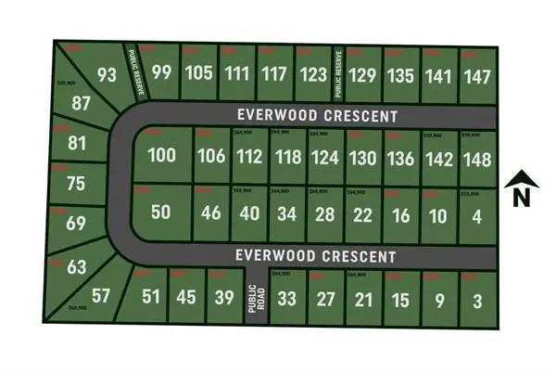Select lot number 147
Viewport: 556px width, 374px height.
pos(477,77)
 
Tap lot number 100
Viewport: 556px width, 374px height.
pos(161,155)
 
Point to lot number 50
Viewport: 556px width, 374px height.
pos(161,212)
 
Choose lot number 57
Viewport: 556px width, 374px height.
pos(101,296)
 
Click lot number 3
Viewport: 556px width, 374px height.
pos(477,300)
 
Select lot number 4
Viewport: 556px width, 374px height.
pos(477,215)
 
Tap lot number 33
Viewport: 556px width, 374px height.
pos(287,299)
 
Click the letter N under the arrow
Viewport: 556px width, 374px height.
pos(521,197)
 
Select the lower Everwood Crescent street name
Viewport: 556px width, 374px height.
pos(316,255)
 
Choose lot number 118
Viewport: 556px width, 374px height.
pos(287,157)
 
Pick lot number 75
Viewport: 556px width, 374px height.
pos(76,183)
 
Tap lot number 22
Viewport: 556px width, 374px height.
pos(363,215)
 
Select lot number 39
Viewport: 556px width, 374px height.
pos(223,297)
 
